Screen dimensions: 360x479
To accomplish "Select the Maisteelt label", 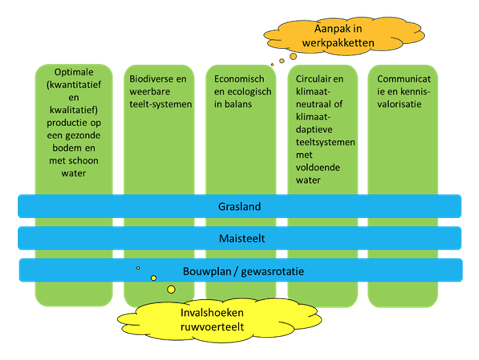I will [x=239, y=239].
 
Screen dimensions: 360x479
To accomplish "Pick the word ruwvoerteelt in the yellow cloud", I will [x=212, y=326].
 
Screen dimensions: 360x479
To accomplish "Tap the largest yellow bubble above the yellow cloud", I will [x=171, y=290].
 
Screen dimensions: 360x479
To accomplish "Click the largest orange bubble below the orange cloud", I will [x=293, y=56].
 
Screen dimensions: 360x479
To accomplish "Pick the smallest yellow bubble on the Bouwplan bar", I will [x=138, y=268].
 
